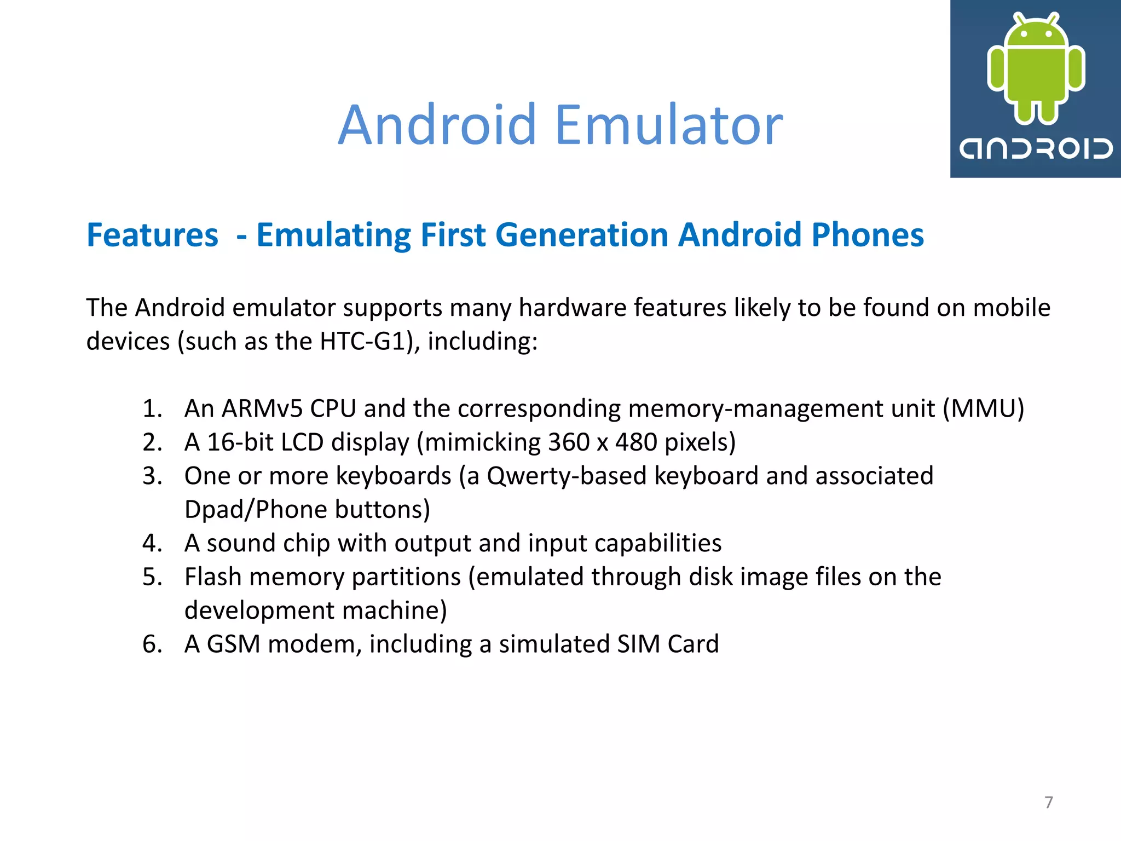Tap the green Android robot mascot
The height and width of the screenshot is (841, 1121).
tap(1036, 68)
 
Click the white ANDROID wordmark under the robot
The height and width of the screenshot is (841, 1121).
tap(1036, 149)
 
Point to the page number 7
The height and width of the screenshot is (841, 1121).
tap(1048, 802)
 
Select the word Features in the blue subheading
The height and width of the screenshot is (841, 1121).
tap(152, 235)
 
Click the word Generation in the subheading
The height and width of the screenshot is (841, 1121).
tap(582, 235)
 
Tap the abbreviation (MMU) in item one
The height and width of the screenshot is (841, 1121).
tap(983, 408)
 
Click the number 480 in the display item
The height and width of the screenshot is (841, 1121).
tap(635, 442)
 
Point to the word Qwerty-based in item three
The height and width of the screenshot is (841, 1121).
tap(567, 476)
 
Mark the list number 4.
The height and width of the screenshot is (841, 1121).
tap(152, 543)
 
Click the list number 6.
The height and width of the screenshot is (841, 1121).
tap(152, 644)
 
